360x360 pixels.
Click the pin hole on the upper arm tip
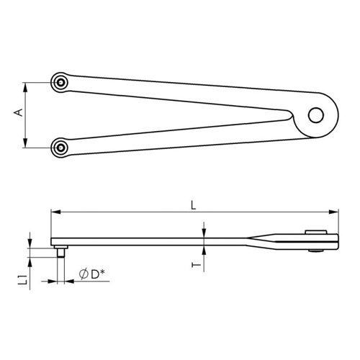63,81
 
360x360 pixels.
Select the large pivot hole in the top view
315,114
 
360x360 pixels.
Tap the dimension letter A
19,114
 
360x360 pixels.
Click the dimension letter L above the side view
192,204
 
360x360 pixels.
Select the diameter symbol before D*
84,274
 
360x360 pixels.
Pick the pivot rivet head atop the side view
313,231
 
